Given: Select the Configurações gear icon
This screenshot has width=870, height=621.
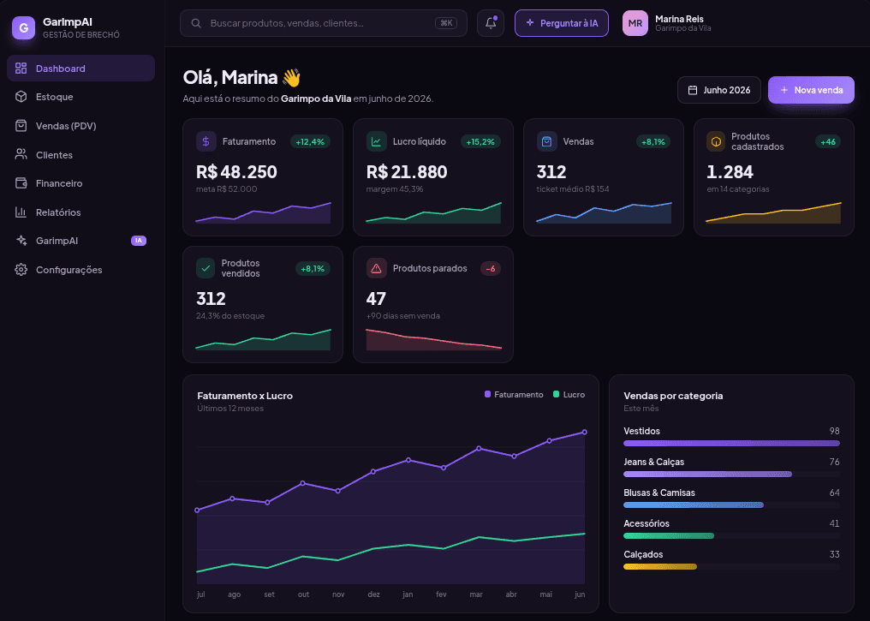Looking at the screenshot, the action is click(21, 270).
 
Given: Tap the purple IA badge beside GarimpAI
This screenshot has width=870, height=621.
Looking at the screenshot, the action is click(139, 241).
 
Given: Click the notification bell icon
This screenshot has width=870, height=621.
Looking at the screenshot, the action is click(491, 23).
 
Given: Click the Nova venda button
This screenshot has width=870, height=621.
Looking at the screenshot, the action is click(811, 90).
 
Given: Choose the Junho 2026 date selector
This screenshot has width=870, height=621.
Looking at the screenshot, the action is click(719, 90).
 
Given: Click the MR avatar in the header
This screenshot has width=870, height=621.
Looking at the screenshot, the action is click(635, 23).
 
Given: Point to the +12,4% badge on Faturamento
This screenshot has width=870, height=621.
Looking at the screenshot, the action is click(310, 142).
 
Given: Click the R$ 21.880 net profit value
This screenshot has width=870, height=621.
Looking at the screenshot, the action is click(407, 172).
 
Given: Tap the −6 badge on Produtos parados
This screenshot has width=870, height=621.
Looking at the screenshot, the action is click(491, 269).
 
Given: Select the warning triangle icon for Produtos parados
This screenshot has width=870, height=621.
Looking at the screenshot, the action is click(376, 269).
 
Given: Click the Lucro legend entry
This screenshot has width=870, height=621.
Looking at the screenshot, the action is click(569, 395).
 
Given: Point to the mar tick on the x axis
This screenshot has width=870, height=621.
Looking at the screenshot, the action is click(476, 594).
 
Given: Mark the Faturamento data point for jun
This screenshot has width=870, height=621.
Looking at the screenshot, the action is click(584, 433).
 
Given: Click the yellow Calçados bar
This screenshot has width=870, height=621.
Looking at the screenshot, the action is click(660, 567).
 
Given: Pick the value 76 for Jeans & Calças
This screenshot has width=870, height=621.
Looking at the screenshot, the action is click(834, 462).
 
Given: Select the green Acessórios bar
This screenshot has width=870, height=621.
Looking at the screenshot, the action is click(669, 536).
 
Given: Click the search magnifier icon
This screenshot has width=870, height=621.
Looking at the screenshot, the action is click(196, 23).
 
